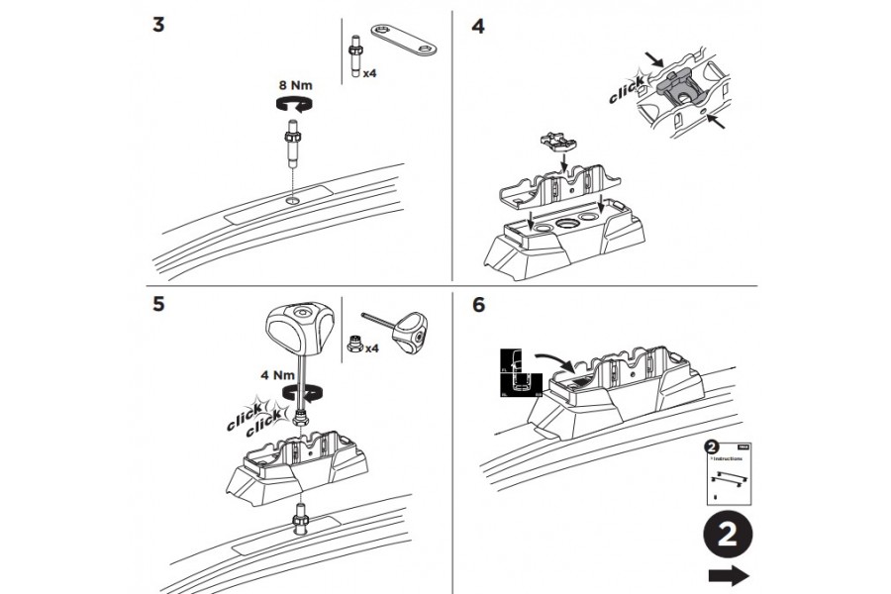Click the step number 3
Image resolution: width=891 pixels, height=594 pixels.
click(x=158, y=25)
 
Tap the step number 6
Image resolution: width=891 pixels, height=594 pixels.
click(x=479, y=305)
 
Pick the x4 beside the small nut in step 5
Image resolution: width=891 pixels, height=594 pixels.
click(x=372, y=348)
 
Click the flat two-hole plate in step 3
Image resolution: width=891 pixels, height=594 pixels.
click(x=406, y=42)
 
